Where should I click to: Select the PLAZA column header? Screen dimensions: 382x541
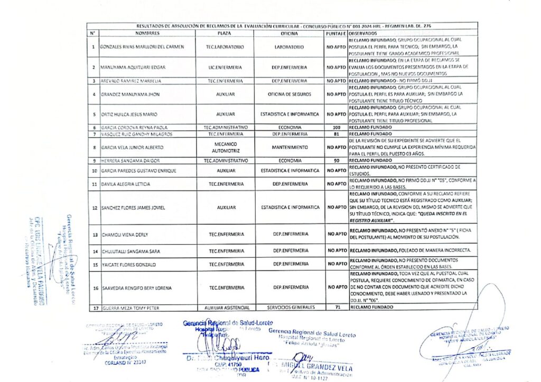[225, 33]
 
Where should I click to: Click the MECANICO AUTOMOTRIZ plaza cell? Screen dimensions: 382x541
[225, 147]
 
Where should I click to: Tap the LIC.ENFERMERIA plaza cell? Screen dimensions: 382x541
[225, 68]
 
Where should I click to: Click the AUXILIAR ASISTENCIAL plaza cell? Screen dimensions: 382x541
[225, 307]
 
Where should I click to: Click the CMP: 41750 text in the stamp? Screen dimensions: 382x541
[228, 365]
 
